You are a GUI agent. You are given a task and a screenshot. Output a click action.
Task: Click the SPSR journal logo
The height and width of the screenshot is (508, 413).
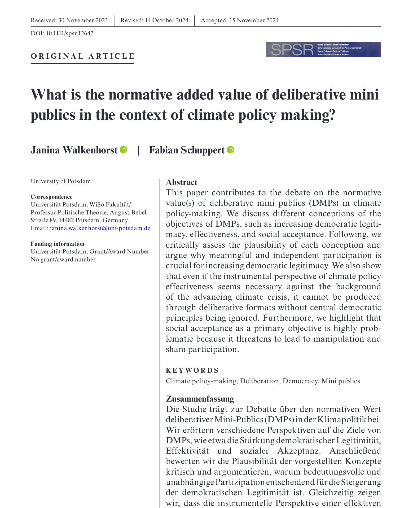[x=323, y=50]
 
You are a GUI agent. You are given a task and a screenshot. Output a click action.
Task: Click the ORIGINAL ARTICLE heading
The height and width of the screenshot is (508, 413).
[x=82, y=56]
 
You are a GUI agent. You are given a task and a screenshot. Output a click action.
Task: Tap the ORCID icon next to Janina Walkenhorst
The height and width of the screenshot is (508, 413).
[x=124, y=150]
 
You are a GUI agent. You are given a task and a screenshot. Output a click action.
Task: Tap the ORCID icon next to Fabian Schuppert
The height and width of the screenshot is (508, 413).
[x=231, y=150]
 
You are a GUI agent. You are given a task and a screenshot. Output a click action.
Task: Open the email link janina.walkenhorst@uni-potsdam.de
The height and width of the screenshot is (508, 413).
[x=100, y=228]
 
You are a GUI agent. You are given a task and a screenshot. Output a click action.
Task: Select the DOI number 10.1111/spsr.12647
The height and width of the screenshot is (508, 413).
[x=69, y=33]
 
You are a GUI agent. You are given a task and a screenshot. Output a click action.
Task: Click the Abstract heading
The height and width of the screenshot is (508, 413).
[x=182, y=182]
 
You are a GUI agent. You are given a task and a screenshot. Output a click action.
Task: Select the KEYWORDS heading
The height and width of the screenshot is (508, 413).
[x=192, y=370]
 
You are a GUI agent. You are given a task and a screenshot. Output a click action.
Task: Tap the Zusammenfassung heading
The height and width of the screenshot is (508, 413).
[x=200, y=399]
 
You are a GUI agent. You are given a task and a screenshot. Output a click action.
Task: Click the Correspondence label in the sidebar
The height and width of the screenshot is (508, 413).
[x=51, y=197]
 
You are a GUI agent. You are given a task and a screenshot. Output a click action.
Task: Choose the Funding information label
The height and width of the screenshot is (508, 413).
[x=58, y=244]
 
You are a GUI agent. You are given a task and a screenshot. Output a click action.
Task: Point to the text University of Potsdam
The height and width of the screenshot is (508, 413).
[x=61, y=181]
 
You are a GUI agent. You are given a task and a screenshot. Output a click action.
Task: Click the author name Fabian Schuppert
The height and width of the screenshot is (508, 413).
[x=187, y=150]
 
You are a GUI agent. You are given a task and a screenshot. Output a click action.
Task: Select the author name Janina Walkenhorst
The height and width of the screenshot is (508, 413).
[x=74, y=150]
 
